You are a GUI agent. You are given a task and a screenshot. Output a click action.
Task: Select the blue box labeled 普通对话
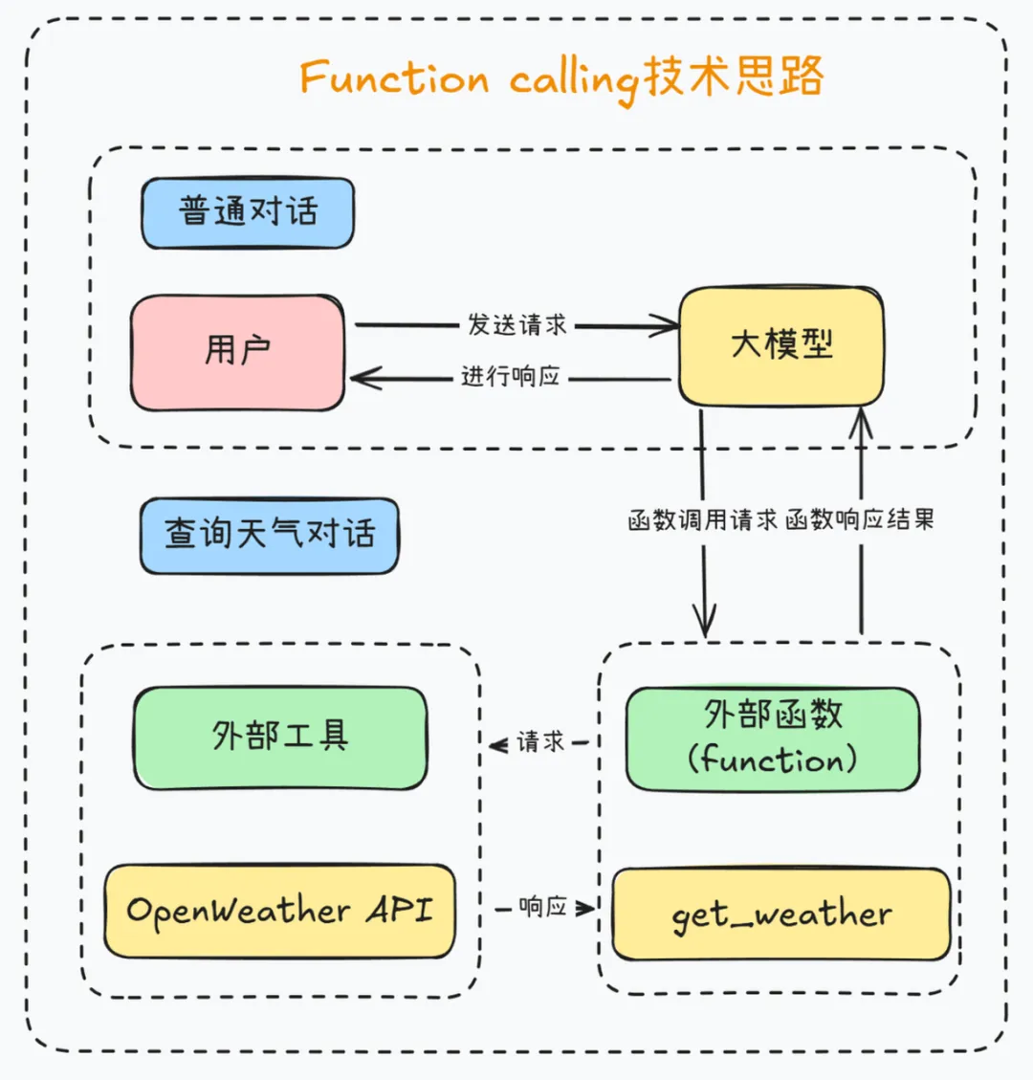pos(248,212)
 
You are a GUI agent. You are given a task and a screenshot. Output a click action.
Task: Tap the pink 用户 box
pos(237,352)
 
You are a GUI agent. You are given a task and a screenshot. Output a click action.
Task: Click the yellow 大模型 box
pos(780,345)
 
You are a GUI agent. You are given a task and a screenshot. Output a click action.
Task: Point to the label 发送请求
pos(516,325)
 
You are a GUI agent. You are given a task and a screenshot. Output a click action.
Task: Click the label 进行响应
pos(510,377)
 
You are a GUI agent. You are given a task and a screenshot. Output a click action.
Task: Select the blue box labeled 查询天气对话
pos(269,535)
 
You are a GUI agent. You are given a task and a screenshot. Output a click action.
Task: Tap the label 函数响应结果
pos(860,521)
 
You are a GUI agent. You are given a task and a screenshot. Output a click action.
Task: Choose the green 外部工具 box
pos(280,738)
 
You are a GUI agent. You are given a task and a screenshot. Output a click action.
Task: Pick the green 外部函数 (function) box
pos(773,738)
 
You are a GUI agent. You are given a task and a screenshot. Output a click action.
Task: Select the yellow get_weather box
pos(780,915)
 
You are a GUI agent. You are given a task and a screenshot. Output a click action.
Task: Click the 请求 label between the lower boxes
pos(540,742)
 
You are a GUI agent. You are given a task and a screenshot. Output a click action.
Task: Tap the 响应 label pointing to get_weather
pos(542,907)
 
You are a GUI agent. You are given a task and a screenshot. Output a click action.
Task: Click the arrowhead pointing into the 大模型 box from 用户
pos(668,327)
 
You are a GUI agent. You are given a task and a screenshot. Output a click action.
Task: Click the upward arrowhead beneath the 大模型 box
pos(862,417)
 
